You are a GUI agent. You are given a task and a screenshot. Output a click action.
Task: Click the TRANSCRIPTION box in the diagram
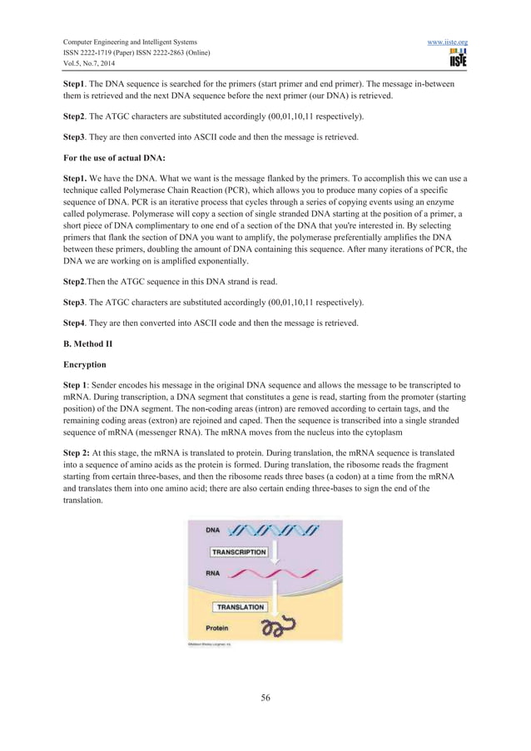239,552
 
